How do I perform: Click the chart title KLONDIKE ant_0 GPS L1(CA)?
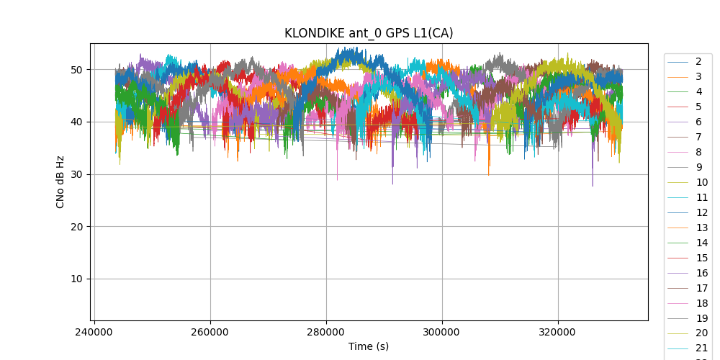coord(369,33)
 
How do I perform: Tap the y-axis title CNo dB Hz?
coord(60,182)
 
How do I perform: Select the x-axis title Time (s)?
coord(369,346)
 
